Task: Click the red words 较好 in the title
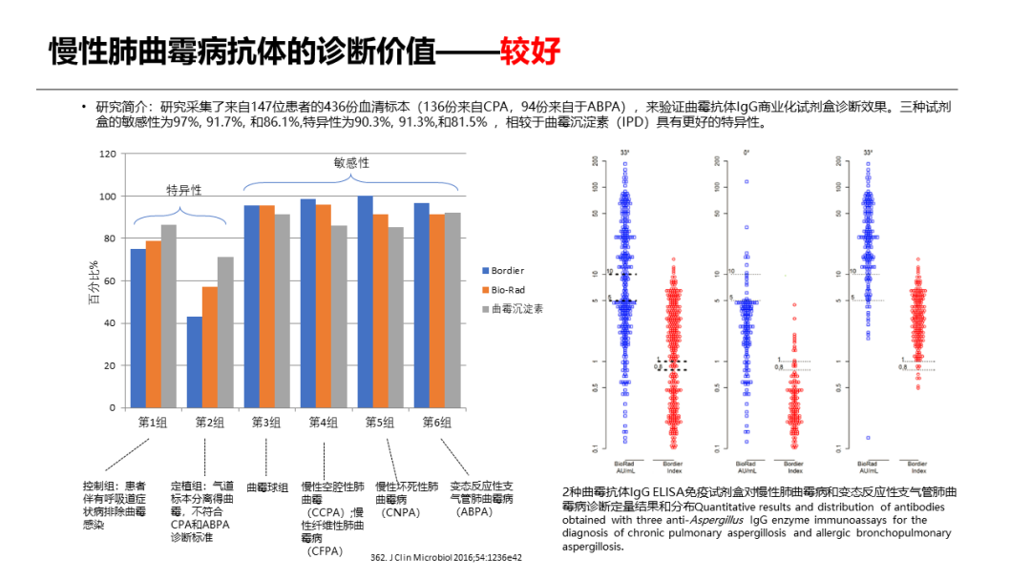click(x=531, y=51)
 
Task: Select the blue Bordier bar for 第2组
click(x=194, y=362)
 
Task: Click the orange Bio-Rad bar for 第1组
click(x=153, y=323)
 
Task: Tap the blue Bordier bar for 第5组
click(x=365, y=301)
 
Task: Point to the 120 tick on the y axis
click(x=107, y=154)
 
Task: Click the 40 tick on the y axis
click(x=110, y=323)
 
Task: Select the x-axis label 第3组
click(x=266, y=422)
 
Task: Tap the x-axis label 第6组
click(x=436, y=422)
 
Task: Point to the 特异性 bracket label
click(x=184, y=189)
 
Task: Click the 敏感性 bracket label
click(x=351, y=163)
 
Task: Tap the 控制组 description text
click(x=114, y=505)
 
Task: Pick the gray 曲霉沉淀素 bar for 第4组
click(x=338, y=316)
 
